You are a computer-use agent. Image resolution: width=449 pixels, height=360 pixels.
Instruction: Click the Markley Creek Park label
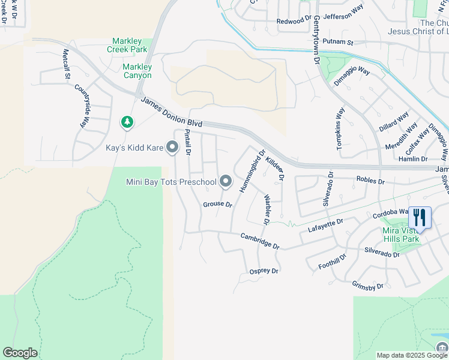coord(130,45)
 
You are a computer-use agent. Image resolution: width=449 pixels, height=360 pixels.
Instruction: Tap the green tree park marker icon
coord(127,122)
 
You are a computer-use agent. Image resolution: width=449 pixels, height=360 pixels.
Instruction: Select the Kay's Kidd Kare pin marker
coord(172,147)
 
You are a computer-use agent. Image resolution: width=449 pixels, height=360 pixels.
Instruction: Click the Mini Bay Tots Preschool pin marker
coord(226,181)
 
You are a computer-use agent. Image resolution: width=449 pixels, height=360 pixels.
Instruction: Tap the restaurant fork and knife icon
coord(419,218)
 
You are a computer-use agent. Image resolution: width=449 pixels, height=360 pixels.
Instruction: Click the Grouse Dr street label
coord(217,205)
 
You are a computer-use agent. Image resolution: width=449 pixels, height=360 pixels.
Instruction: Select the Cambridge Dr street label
coord(260,241)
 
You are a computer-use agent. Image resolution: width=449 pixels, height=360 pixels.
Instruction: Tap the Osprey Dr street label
coord(264,271)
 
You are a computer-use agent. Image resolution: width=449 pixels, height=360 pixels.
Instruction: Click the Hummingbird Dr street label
coord(252,172)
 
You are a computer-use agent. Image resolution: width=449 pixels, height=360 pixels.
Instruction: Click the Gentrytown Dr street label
coord(317,36)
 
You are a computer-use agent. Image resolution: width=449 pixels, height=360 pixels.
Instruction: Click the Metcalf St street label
coord(66,62)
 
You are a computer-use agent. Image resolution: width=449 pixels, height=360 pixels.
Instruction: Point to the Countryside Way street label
coord(82,106)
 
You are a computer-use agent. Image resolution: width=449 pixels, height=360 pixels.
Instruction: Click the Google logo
coord(20,353)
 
